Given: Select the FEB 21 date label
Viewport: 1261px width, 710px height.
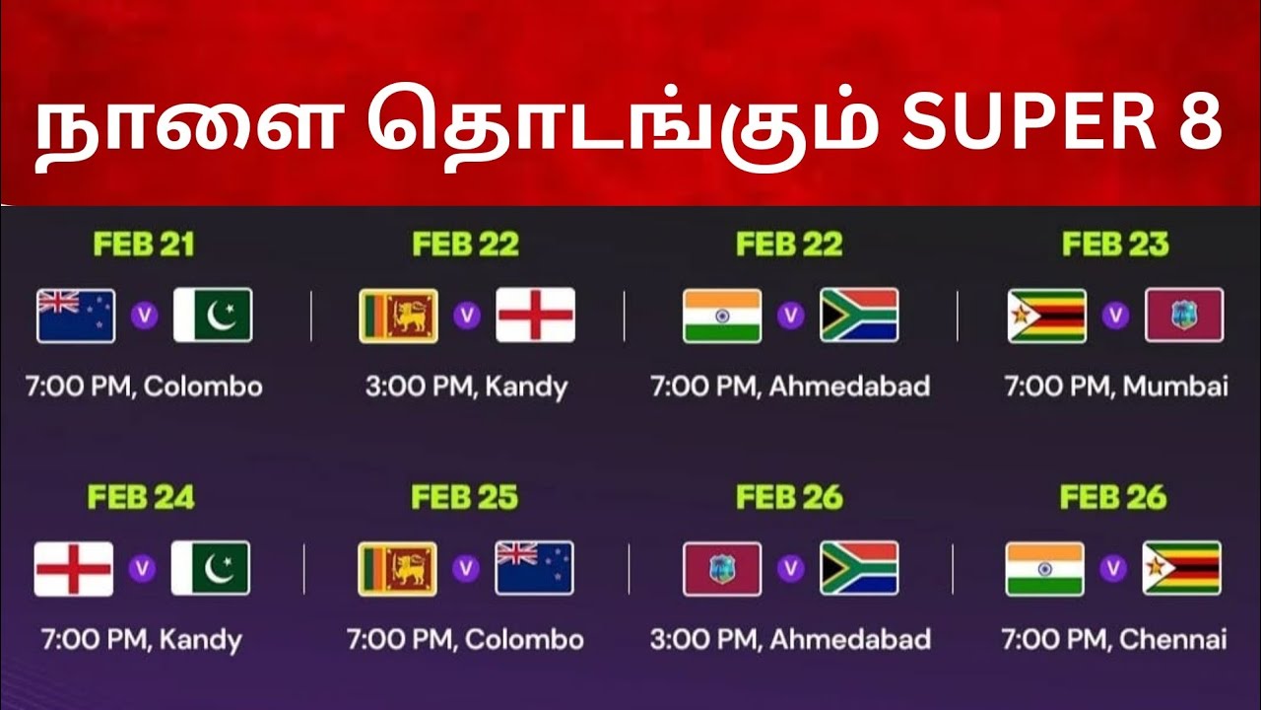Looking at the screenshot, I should click(143, 245).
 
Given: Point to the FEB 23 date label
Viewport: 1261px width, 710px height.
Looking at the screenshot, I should click(1114, 245).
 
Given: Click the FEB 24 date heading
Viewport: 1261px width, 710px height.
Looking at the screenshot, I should click(141, 497).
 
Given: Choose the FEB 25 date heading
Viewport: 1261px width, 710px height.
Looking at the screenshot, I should click(464, 497).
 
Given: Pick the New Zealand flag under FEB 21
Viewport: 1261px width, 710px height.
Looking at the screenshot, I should click(76, 316).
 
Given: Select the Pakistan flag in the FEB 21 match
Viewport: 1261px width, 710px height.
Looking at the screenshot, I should click(213, 316).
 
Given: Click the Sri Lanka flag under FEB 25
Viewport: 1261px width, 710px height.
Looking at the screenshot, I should click(397, 568).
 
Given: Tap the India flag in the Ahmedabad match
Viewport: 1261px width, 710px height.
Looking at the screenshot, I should click(722, 316).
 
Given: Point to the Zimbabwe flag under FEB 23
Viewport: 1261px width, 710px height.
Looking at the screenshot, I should click(1046, 316).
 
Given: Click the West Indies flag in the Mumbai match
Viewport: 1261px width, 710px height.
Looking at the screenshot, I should click(1183, 316).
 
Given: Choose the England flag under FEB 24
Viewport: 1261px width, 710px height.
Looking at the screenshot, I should click(74, 568).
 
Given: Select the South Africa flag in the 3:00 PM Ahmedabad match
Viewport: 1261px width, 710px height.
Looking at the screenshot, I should click(859, 568).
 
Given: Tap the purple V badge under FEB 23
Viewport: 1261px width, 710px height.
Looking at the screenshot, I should click(1115, 316).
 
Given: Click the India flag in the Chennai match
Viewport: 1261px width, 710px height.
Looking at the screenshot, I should click(1044, 568).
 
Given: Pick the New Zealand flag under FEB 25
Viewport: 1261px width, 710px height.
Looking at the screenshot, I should click(534, 568).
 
